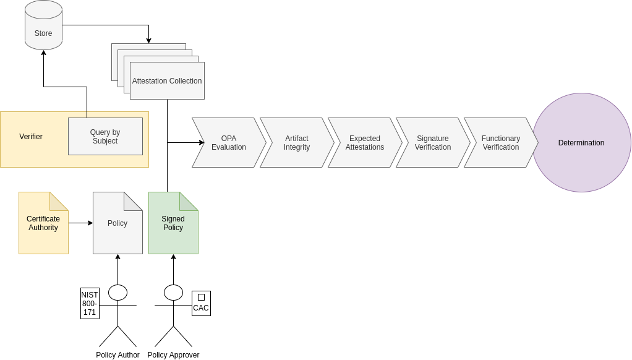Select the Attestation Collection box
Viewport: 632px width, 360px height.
(x=167, y=81)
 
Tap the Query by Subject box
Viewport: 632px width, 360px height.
(x=105, y=137)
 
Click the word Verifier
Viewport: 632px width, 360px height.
(x=31, y=137)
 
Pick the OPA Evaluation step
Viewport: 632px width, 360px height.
(x=229, y=143)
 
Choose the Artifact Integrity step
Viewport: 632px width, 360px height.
(x=297, y=143)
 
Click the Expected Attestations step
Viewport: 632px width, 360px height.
(x=365, y=143)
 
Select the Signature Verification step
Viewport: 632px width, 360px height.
(x=433, y=143)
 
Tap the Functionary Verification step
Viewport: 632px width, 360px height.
(x=501, y=143)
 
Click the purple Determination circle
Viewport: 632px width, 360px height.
(x=581, y=143)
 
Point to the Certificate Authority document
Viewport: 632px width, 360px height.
(x=43, y=223)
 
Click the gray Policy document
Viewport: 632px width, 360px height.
(x=117, y=223)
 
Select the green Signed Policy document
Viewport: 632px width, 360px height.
(x=173, y=223)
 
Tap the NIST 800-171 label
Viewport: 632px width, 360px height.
(x=90, y=304)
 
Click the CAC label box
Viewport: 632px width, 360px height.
(x=201, y=308)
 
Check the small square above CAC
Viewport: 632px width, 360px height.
(x=201, y=297)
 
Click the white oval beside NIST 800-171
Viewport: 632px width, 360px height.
(x=117, y=293)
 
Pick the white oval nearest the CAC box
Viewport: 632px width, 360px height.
(x=173, y=293)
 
